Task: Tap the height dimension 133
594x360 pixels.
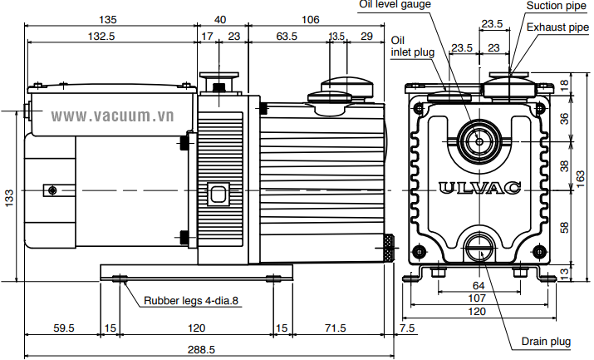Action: tap(9, 197)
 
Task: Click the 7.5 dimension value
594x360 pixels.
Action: tap(407, 328)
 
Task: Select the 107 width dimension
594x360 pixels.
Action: tap(478, 298)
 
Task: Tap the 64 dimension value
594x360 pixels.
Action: tap(478, 286)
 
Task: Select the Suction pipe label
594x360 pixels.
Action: tap(555, 6)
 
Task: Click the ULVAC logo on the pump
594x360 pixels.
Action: tap(479, 188)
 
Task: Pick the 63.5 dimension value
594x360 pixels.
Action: tap(287, 36)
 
